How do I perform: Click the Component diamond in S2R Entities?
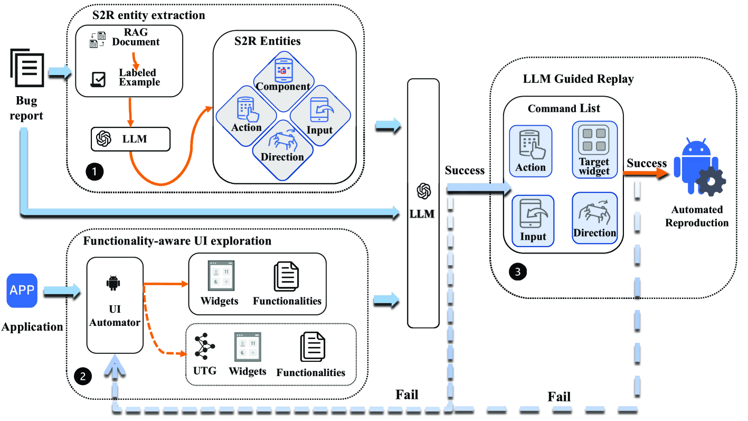pos(282,76)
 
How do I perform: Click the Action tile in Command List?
pos(531,151)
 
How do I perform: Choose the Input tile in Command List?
pos(533,220)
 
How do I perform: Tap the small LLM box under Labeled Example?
pos(131,138)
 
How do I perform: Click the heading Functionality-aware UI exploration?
pos(177,241)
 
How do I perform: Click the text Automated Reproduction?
pos(697,216)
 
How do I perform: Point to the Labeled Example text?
pos(139,77)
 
